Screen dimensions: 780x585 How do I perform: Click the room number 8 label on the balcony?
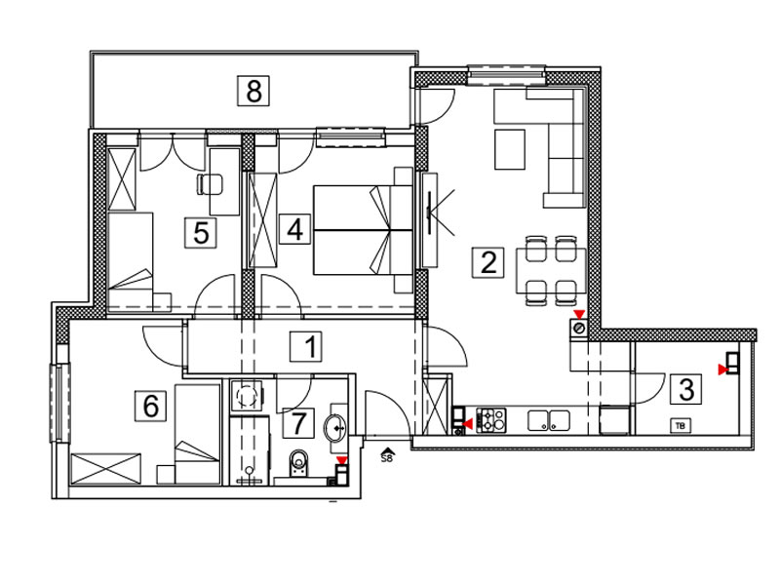[253, 91]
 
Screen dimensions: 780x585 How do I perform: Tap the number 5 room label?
[201, 232]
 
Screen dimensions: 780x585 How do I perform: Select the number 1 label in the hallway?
[306, 346]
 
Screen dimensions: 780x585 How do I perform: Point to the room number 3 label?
[686, 388]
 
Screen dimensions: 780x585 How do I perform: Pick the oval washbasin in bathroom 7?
[335, 427]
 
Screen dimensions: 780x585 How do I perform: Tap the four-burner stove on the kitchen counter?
[491, 419]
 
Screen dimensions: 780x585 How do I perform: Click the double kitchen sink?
[549, 420]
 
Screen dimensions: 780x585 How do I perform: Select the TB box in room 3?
[680, 426]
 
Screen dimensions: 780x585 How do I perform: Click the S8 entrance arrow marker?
[386, 455]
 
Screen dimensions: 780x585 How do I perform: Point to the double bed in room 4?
[363, 230]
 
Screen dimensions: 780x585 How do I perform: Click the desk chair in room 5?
[210, 184]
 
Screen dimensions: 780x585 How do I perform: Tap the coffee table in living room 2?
[510, 149]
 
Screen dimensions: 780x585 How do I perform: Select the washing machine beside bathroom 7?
[247, 396]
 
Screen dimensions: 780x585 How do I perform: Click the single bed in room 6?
[198, 433]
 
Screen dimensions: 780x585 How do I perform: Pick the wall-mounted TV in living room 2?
[429, 213]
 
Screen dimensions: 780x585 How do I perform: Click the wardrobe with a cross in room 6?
[106, 468]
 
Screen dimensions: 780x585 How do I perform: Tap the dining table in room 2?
[551, 271]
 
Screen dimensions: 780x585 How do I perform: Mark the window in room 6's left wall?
[59, 403]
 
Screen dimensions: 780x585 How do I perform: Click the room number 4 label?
[294, 229]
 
